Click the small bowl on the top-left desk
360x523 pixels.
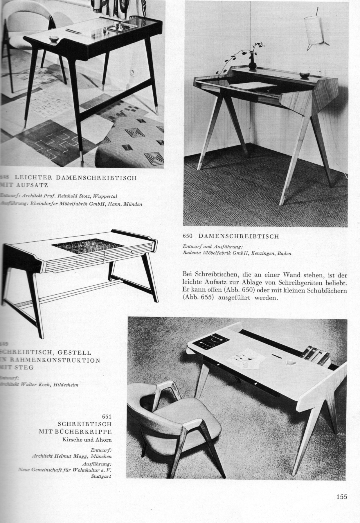(53, 38)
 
